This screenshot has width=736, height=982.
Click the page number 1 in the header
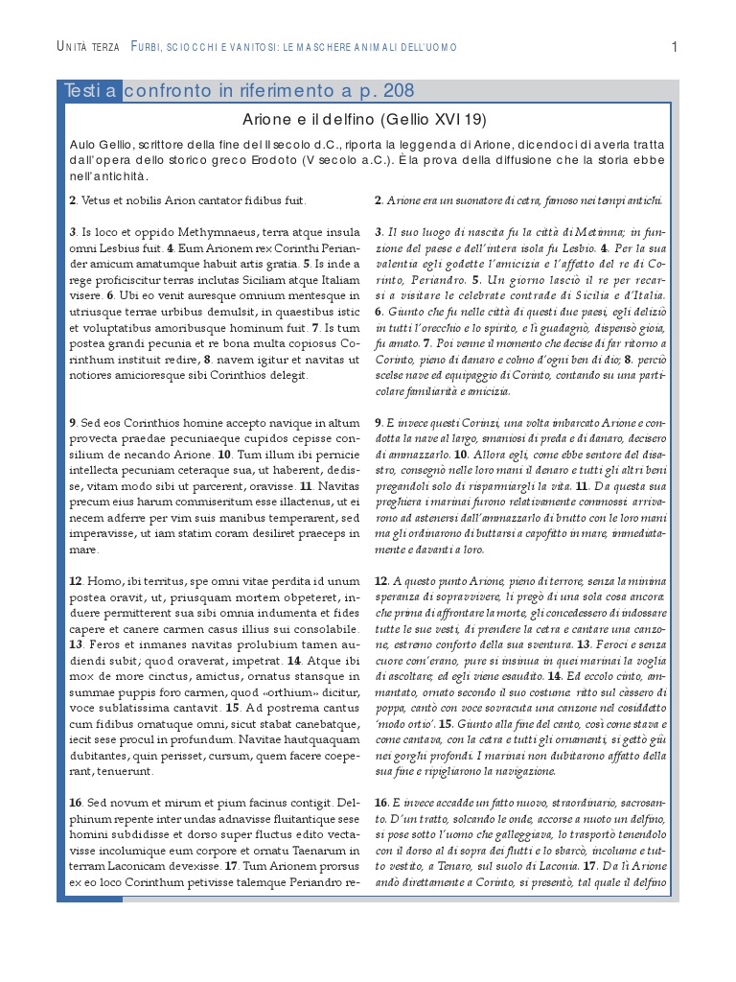675,46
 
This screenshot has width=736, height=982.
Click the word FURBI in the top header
149,47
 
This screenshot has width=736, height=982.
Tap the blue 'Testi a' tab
91,91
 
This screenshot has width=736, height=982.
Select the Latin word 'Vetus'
98,200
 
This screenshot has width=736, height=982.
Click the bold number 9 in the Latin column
72,422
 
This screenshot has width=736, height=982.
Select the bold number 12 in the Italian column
380,581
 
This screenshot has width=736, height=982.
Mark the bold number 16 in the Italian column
380,802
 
